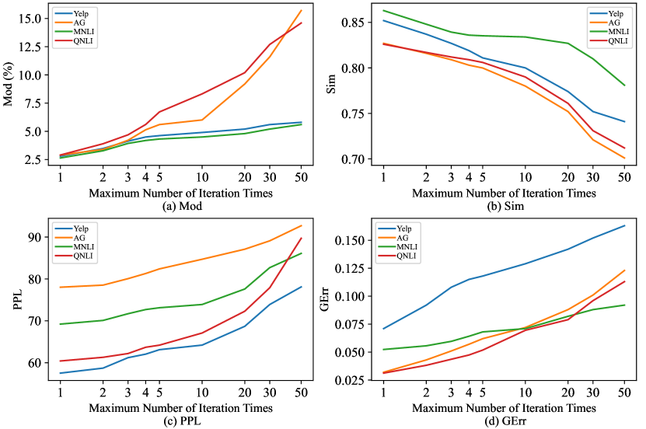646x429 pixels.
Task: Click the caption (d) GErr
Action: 505,420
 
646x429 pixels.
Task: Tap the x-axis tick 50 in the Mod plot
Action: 301,176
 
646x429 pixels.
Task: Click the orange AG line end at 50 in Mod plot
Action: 301,10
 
